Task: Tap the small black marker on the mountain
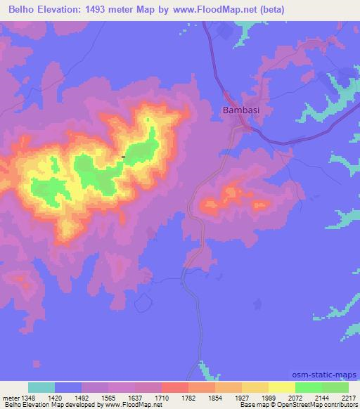124,157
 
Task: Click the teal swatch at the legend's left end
41,387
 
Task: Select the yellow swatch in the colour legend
281,387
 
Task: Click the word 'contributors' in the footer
339,405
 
